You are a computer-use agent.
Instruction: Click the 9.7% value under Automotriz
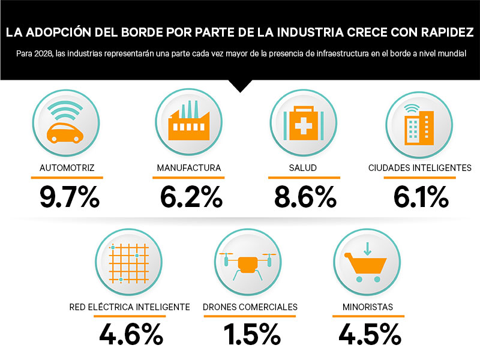(x=70, y=196)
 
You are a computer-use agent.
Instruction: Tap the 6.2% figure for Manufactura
(x=190, y=196)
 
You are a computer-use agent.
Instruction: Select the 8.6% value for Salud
(x=304, y=196)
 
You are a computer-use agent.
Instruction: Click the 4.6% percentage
(x=131, y=334)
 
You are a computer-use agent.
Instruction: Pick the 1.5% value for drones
(x=251, y=334)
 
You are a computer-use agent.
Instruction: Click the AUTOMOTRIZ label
(x=67, y=168)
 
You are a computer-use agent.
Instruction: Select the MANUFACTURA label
(x=189, y=168)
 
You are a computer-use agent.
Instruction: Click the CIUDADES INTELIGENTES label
(x=420, y=168)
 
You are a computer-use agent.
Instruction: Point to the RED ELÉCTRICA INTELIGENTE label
(x=130, y=307)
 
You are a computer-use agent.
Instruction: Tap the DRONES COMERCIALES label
(x=250, y=307)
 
